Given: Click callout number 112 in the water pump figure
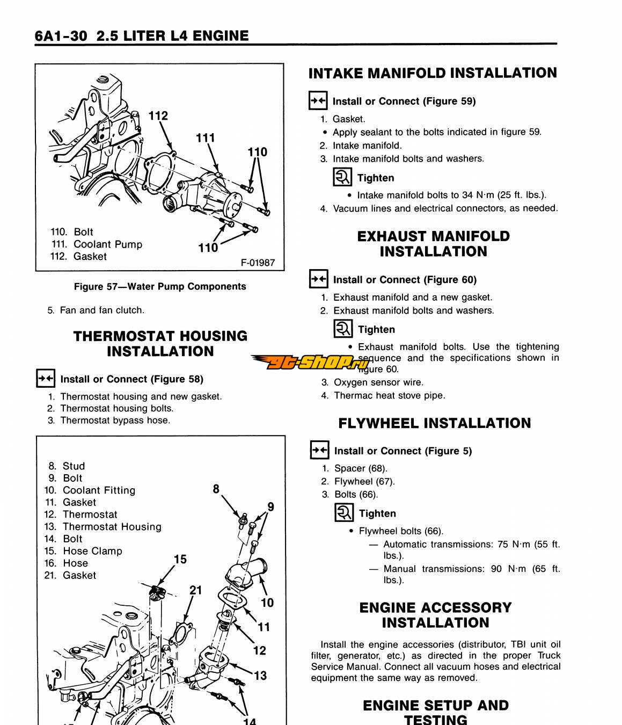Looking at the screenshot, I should [158, 115].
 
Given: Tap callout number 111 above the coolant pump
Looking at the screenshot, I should [205, 138].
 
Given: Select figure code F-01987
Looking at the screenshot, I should [258, 263].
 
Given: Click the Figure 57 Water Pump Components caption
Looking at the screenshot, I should [160, 287].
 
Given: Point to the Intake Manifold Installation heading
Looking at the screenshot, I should [433, 73].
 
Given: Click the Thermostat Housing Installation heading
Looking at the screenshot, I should [160, 344].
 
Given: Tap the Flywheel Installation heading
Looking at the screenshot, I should [434, 423].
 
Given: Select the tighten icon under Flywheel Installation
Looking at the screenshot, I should [343, 513].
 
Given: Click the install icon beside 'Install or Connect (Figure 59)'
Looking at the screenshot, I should [318, 100].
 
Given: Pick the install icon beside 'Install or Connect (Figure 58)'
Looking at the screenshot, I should [46, 379].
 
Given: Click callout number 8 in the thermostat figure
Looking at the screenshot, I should [216, 489].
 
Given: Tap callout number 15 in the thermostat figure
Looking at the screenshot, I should [180, 560].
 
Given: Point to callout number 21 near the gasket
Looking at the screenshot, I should [196, 590].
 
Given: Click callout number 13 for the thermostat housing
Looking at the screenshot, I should [260, 676].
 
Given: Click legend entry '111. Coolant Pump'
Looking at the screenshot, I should [97, 244].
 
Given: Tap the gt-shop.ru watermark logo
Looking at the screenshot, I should [311, 363].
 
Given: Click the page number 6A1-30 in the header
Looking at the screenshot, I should [61, 36].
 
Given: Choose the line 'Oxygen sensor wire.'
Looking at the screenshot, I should [378, 382].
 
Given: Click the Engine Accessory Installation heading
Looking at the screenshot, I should [435, 615].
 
